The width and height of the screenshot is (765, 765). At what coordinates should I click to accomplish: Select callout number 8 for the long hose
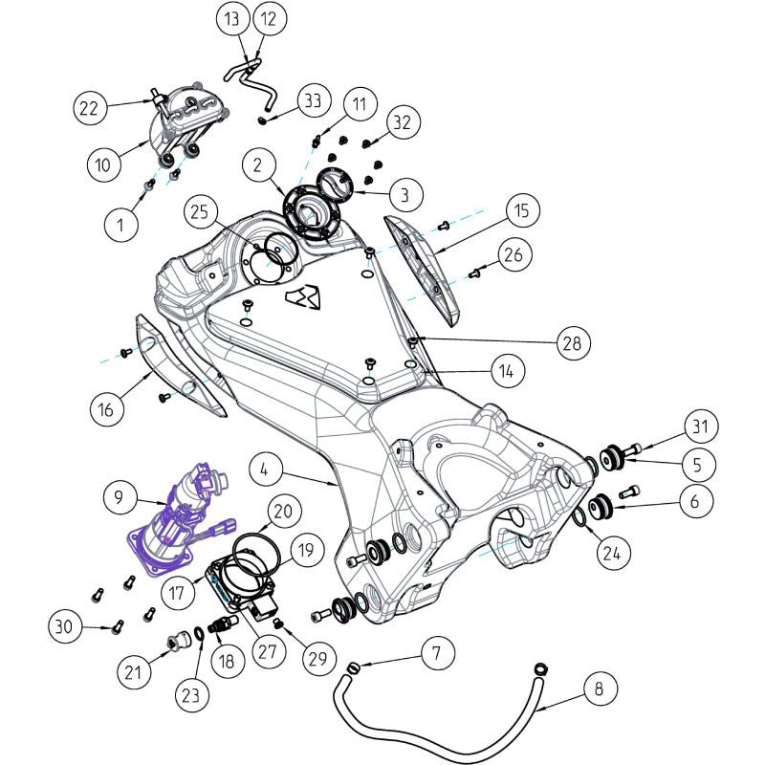pos(599,688)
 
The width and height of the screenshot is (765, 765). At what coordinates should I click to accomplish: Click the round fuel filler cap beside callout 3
pos(339,185)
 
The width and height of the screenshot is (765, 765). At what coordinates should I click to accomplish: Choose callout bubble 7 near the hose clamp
pos(437,654)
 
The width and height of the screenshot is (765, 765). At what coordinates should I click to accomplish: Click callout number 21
pos(135,672)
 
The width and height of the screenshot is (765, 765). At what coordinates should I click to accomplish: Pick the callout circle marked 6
pos(696,500)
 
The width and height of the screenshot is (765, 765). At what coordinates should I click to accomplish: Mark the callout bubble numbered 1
pos(120,226)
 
